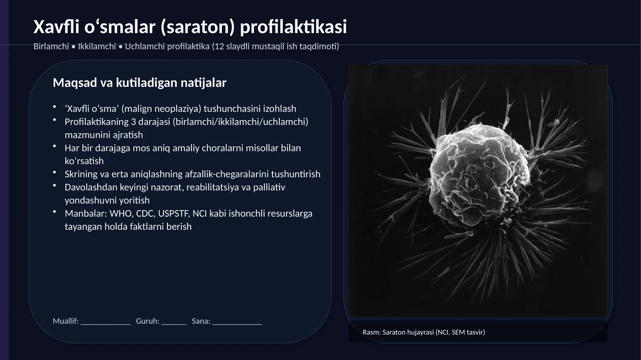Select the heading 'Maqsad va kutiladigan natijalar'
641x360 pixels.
tap(139, 83)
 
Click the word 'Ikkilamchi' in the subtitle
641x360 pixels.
tap(97, 46)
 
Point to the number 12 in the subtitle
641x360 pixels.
tap(220, 46)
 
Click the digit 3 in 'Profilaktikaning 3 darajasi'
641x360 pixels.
tap(133, 122)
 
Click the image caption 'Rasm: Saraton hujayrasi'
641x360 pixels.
tap(423, 332)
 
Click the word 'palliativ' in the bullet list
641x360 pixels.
tap(269, 187)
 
